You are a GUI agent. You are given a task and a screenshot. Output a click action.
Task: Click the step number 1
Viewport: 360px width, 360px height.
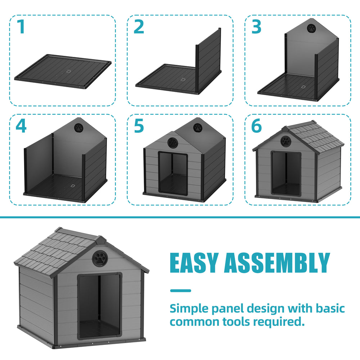[22, 27]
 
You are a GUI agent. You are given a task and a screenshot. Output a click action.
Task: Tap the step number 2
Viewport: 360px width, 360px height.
[139, 27]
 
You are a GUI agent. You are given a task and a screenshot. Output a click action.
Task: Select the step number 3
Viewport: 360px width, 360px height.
[256, 27]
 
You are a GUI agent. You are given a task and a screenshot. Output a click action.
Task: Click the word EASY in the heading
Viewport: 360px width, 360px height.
[194, 263]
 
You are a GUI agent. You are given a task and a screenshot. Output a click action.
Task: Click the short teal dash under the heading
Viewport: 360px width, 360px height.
[180, 291]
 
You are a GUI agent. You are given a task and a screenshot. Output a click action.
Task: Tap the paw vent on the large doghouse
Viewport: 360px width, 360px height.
[99, 258]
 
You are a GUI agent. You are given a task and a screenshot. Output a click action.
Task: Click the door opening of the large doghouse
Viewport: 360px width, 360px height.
[100, 306]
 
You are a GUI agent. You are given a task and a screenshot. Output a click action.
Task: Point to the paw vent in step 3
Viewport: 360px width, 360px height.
[311, 28]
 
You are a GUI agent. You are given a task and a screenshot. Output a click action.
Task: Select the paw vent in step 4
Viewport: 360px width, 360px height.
[79, 128]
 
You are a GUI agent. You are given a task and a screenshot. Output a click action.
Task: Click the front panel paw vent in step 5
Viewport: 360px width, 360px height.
[173, 143]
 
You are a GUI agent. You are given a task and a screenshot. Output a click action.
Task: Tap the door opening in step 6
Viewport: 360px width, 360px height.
[286, 174]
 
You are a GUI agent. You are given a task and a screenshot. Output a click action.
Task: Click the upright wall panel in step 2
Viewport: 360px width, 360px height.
[208, 60]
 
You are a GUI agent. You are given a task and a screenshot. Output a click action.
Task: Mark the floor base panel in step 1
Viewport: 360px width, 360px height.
[63, 71]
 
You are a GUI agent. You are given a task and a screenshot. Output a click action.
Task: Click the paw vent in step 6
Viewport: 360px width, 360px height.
[285, 140]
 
